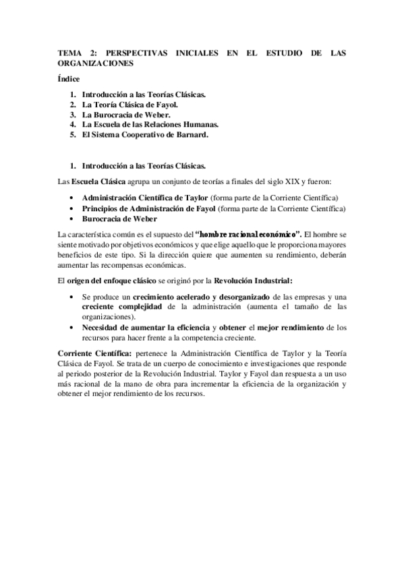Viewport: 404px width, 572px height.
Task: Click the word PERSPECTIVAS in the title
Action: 134,52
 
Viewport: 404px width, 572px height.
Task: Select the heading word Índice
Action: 69,80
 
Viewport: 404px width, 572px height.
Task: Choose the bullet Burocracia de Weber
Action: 119,219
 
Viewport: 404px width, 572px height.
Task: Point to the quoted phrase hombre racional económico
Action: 248,233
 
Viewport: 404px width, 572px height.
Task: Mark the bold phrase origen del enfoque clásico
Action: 113,280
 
